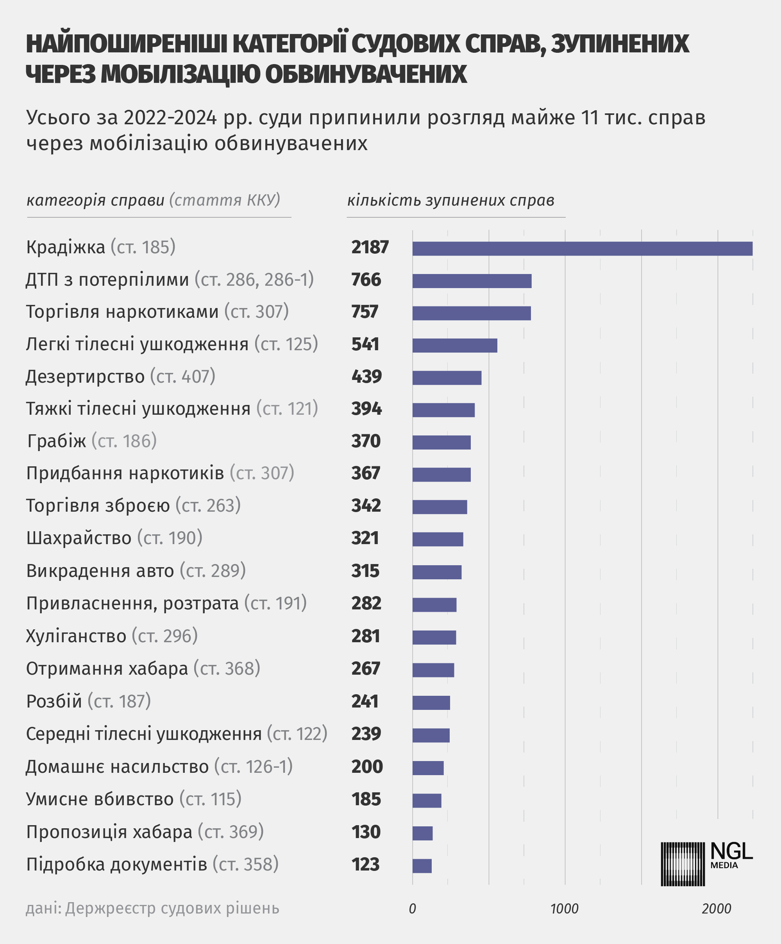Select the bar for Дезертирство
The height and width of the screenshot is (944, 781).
(x=447, y=378)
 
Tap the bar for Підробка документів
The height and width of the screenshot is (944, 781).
(x=422, y=866)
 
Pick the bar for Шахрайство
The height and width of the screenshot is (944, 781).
(x=438, y=539)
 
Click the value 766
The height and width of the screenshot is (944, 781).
(x=366, y=279)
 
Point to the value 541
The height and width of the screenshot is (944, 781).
(x=365, y=344)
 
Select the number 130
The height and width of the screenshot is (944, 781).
(x=366, y=832)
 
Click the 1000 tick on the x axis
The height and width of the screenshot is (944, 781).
(x=565, y=908)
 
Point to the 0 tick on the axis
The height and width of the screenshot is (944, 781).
(x=412, y=908)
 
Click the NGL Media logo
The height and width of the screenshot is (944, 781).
(x=706, y=864)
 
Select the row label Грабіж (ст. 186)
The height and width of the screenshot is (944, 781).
(x=92, y=441)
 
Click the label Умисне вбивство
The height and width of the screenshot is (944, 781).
(x=100, y=799)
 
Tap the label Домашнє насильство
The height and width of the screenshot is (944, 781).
(x=117, y=767)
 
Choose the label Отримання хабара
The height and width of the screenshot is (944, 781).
(x=107, y=669)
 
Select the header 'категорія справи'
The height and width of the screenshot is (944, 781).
(x=95, y=200)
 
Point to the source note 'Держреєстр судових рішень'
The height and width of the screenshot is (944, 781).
(x=172, y=908)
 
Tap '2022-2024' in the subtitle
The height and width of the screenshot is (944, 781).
(x=170, y=118)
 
